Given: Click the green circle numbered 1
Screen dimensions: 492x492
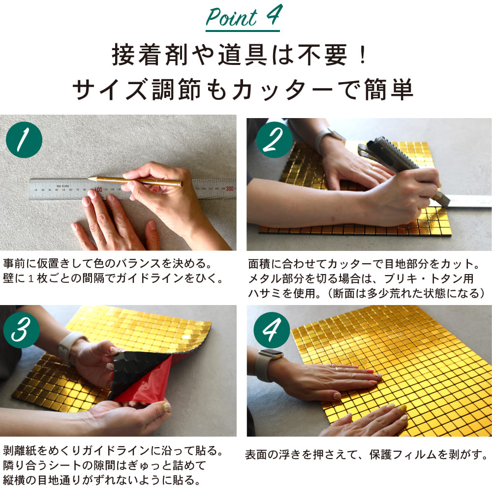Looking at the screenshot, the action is (x=24, y=140).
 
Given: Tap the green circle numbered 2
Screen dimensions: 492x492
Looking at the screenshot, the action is (x=274, y=140).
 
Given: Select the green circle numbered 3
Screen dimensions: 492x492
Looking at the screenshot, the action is (x=21, y=330).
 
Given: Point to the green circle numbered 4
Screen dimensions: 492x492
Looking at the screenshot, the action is (x=272, y=330).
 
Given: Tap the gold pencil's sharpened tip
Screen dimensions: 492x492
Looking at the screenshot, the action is (x=89, y=179).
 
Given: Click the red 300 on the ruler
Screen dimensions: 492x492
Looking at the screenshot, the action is (x=229, y=188).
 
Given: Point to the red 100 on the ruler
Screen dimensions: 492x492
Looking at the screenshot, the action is (x=98, y=189).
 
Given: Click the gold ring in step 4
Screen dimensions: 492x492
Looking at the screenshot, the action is (x=336, y=369).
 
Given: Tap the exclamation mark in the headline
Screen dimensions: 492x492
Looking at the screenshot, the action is (x=363, y=55).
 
